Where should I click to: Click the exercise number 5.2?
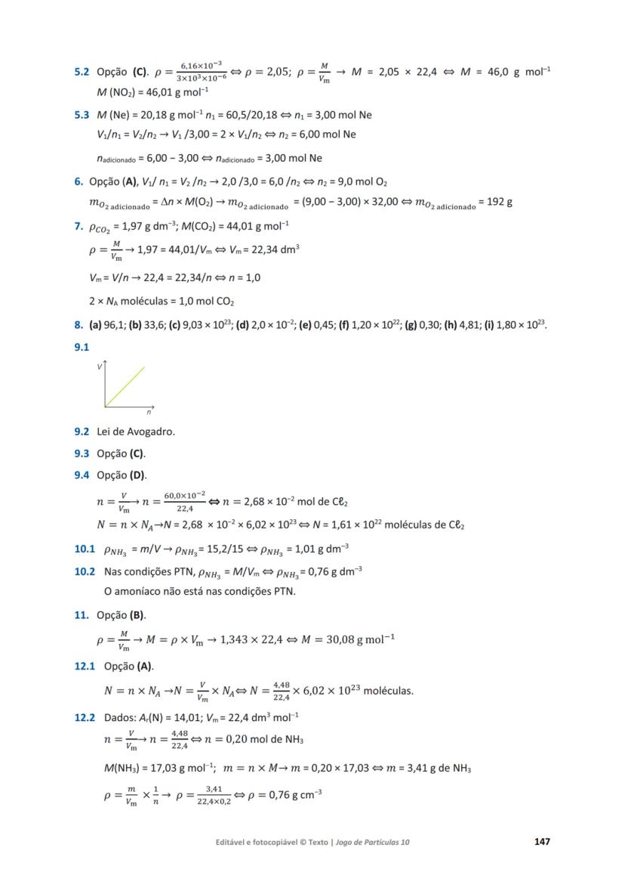[82, 73]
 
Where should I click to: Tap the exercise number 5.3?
[82, 115]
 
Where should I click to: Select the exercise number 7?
[78, 225]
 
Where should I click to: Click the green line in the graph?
[125, 387]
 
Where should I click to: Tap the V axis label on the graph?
[99, 367]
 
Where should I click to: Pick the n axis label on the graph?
[149, 413]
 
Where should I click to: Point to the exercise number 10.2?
[85, 571]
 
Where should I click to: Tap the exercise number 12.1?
[85, 666]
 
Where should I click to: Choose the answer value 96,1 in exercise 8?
[115, 325]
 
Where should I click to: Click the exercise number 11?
[81, 615]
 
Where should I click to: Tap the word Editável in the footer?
[232, 842]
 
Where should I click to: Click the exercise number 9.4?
[82, 475]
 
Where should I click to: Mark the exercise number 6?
[78, 181]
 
